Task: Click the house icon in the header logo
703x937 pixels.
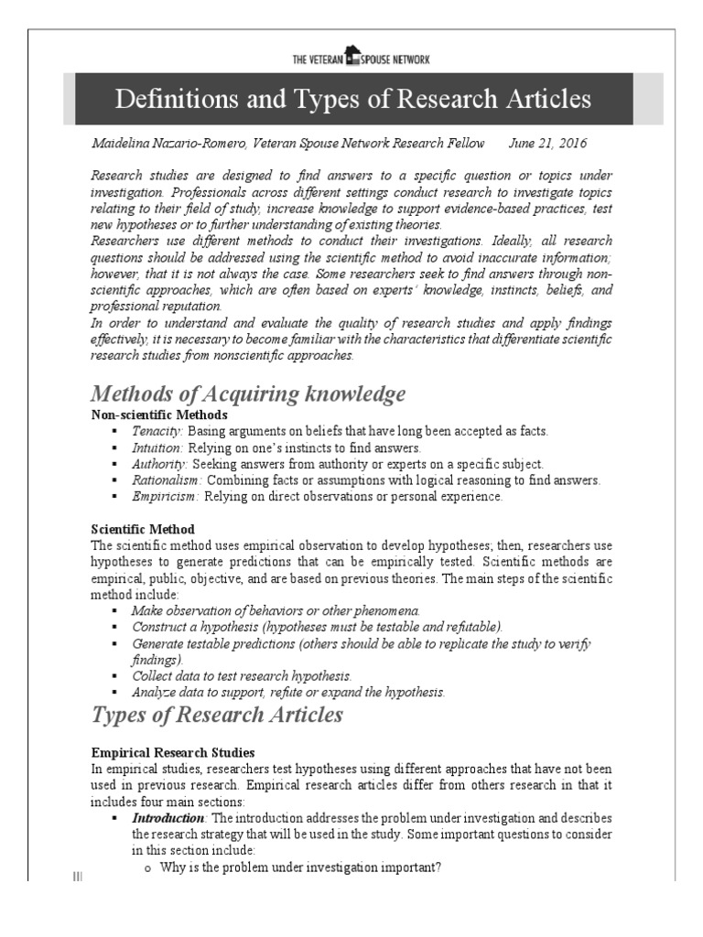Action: click(352, 56)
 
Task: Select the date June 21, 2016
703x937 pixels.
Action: click(547, 145)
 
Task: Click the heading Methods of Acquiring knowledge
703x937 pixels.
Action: click(247, 394)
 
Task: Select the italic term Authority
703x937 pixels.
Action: click(159, 464)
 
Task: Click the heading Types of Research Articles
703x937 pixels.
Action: click(217, 715)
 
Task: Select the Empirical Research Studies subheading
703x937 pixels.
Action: click(167, 752)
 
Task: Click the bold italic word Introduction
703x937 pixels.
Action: click(168, 817)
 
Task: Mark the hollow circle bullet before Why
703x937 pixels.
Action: click(147, 867)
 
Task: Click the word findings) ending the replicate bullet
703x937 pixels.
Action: click(157, 659)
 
